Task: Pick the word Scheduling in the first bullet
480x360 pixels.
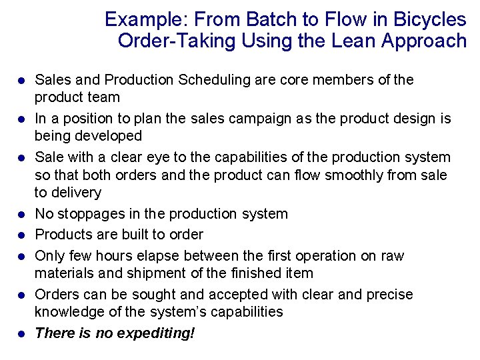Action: click(219, 80)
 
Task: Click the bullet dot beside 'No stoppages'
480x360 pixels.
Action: click(21, 215)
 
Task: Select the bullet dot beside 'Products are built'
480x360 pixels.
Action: click(21, 235)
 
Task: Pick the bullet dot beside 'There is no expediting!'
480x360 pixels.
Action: click(21, 334)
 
